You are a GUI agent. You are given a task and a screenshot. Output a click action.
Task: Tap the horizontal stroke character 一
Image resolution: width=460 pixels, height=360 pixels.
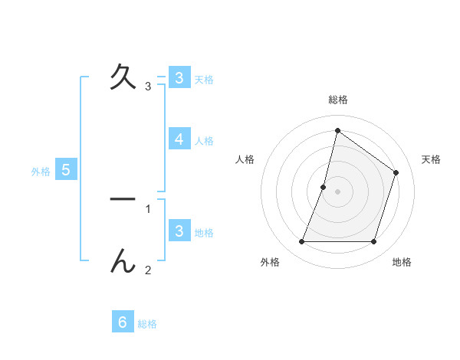coord(123,199)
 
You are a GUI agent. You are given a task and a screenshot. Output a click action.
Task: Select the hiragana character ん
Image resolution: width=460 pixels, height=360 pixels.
coord(123,261)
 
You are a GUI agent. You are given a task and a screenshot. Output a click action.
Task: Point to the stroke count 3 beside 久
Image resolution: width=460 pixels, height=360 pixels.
coord(148,87)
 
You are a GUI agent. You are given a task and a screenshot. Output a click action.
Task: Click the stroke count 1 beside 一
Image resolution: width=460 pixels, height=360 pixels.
coord(148,208)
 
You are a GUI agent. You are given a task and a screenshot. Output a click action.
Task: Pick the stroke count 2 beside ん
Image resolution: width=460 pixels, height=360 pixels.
coord(148,270)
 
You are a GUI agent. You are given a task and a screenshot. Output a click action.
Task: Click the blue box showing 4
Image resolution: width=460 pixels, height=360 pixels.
coord(179,139)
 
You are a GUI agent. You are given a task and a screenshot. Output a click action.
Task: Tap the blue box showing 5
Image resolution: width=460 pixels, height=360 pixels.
coord(66,169)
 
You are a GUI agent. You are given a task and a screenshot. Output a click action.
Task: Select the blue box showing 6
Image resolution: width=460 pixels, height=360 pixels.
coord(122,322)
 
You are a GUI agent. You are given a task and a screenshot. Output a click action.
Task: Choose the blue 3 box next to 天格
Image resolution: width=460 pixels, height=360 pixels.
coord(179,77)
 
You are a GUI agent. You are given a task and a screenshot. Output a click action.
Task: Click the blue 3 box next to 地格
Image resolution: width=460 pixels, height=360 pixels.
coord(179,231)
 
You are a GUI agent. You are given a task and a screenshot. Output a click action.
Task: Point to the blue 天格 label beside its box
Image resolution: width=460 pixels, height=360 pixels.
coord(204,79)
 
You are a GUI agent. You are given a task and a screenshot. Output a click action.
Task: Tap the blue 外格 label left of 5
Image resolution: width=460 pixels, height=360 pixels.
coord(41,172)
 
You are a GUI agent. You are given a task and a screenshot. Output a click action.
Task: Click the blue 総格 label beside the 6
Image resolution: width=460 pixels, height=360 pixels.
coord(147,324)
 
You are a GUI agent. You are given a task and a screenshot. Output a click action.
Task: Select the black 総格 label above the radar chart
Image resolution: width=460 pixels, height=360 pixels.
coord(337,100)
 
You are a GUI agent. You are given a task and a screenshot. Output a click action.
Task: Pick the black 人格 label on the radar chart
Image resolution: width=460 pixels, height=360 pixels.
coord(245,159)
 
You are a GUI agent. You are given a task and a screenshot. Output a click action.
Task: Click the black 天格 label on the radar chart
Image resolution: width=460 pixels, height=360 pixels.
coord(431,159)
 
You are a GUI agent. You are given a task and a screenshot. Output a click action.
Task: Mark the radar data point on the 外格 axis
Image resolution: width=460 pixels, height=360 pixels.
coord(301,242)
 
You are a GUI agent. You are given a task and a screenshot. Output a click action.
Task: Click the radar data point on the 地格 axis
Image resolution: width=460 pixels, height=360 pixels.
coord(373,242)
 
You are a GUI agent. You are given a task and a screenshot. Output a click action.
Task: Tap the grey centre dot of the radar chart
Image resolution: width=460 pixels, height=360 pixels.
coord(337,191)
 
